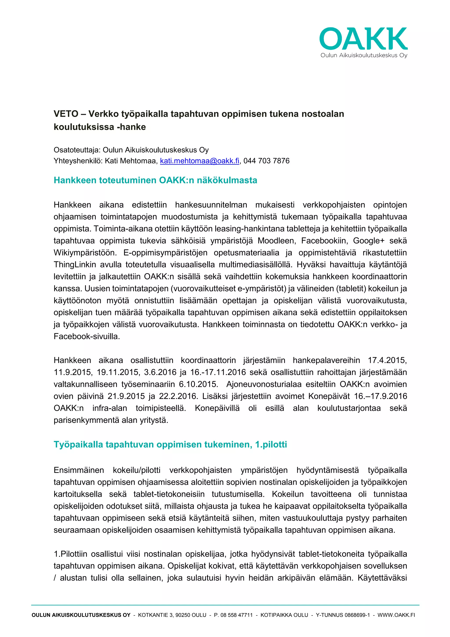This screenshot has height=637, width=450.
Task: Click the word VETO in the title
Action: tap(66, 114)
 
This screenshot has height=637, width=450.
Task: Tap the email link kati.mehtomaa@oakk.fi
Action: tap(199, 161)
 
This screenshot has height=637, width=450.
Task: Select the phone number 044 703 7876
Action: tap(266, 161)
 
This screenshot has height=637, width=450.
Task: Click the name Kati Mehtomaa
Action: tap(131, 161)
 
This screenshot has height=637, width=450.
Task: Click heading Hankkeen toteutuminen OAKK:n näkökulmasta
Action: tap(155, 180)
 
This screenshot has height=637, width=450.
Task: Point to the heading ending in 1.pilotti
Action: tap(170, 444)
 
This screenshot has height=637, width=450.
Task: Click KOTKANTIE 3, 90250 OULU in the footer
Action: tap(172, 615)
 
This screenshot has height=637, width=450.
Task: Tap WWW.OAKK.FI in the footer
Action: tap(396, 615)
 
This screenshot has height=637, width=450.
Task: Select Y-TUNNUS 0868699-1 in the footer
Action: tap(343, 615)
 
